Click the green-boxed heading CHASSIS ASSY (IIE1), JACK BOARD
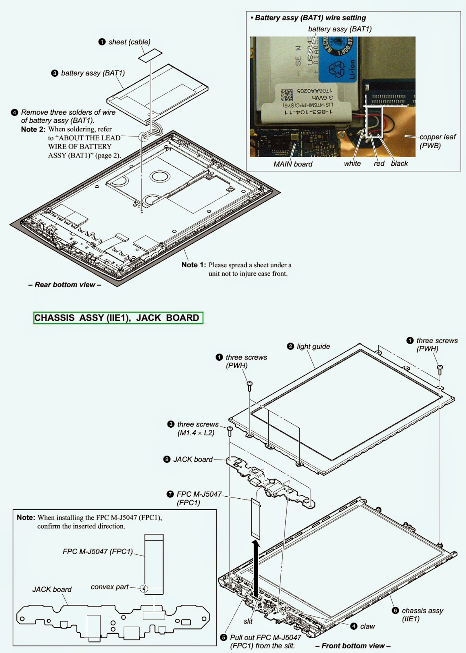(118, 318)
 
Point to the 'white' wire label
(352, 164)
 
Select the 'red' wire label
(379, 164)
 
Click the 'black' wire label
(399, 164)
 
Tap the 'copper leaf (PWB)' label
(437, 141)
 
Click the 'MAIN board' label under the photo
(293, 164)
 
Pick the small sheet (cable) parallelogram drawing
(150, 55)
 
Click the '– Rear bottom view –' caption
(65, 285)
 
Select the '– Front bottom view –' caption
(353, 646)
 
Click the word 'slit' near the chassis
(248, 621)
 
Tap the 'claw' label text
(368, 626)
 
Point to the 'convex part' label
(110, 587)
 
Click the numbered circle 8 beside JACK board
(167, 460)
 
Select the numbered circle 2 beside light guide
(290, 346)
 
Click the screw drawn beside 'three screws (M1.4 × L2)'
(230, 431)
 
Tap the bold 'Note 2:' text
(33, 129)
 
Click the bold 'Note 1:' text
(194, 265)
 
